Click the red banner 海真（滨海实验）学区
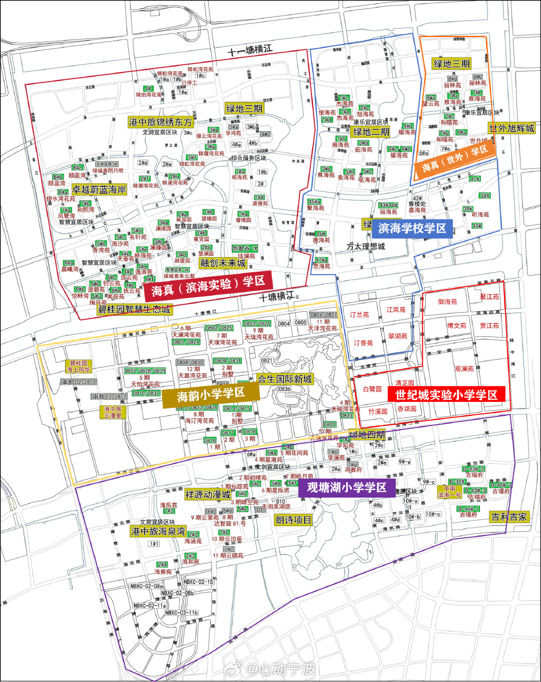click(x=208, y=285)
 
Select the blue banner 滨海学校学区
click(x=412, y=229)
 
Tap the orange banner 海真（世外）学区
click(x=454, y=159)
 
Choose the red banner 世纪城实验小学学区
click(x=446, y=395)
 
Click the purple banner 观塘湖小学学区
click(x=347, y=488)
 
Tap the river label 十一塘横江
click(x=250, y=50)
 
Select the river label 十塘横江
click(x=277, y=297)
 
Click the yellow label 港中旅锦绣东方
click(x=160, y=122)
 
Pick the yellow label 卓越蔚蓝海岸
click(x=99, y=189)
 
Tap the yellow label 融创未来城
click(x=223, y=263)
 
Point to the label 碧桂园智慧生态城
click(x=134, y=310)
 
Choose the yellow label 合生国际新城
click(x=285, y=379)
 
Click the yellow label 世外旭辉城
click(x=511, y=128)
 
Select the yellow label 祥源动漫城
click(x=207, y=495)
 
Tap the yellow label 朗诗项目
click(x=294, y=520)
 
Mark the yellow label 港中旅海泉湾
click(x=158, y=531)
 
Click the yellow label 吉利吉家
click(x=509, y=517)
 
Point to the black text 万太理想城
click(x=366, y=247)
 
